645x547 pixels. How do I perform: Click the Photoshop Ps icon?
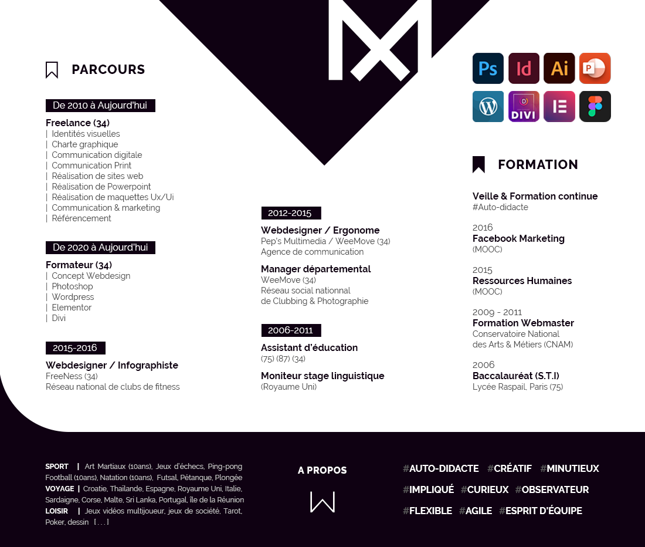point(488,69)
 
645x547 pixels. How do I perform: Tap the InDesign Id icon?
point(524,69)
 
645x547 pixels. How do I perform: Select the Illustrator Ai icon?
point(559,69)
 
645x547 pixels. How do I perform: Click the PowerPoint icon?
point(595,69)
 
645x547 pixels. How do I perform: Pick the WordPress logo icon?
point(488,106)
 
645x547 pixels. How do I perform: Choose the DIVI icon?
point(524,106)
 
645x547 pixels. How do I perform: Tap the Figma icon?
point(595,106)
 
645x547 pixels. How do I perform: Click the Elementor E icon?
point(559,106)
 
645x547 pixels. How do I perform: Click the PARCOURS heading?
point(108,70)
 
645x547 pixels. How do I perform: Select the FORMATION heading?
point(538,165)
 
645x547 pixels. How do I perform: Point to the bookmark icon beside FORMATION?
point(478,165)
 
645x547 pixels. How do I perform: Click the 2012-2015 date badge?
point(290,213)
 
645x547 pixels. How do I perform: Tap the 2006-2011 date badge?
point(290,330)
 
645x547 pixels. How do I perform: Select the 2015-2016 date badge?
point(75,348)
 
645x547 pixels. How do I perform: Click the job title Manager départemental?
point(315,269)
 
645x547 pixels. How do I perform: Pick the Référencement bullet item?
point(81,218)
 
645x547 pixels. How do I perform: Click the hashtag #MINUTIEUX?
point(569,468)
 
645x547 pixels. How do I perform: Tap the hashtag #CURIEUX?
point(484,489)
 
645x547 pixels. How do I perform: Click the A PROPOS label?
point(322,470)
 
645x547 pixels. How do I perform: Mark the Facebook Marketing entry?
point(518,238)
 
